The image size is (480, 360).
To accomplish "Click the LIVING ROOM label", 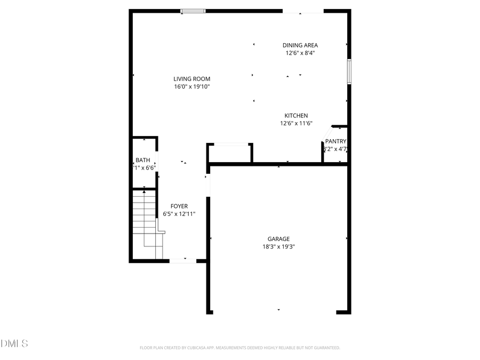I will [x=191, y=79].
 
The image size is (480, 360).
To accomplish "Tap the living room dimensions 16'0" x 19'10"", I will [x=191, y=86].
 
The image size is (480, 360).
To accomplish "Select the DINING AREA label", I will [x=300, y=45].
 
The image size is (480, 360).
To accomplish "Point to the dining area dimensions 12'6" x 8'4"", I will [x=300, y=53].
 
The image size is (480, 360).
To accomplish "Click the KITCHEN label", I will [x=296, y=116].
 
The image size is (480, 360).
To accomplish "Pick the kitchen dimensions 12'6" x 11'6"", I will [x=296, y=123].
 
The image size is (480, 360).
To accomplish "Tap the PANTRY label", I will [x=336, y=141].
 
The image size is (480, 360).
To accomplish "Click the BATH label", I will [x=142, y=160].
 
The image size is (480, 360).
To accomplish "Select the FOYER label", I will [x=179, y=206].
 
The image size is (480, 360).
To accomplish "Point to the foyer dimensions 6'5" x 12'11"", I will [x=179, y=214].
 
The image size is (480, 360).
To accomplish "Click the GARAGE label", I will [x=278, y=239].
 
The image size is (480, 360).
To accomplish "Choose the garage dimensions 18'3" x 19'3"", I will [x=278, y=246].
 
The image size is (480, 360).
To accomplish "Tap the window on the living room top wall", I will [x=193, y=11].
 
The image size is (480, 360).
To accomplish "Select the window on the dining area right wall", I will [x=349, y=71].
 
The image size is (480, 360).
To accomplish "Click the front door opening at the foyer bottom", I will [x=183, y=261].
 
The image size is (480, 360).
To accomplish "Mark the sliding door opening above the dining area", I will [x=302, y=11].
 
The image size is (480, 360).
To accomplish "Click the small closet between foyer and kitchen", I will [x=229, y=154].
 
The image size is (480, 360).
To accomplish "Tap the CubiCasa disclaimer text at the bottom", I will [x=239, y=348].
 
